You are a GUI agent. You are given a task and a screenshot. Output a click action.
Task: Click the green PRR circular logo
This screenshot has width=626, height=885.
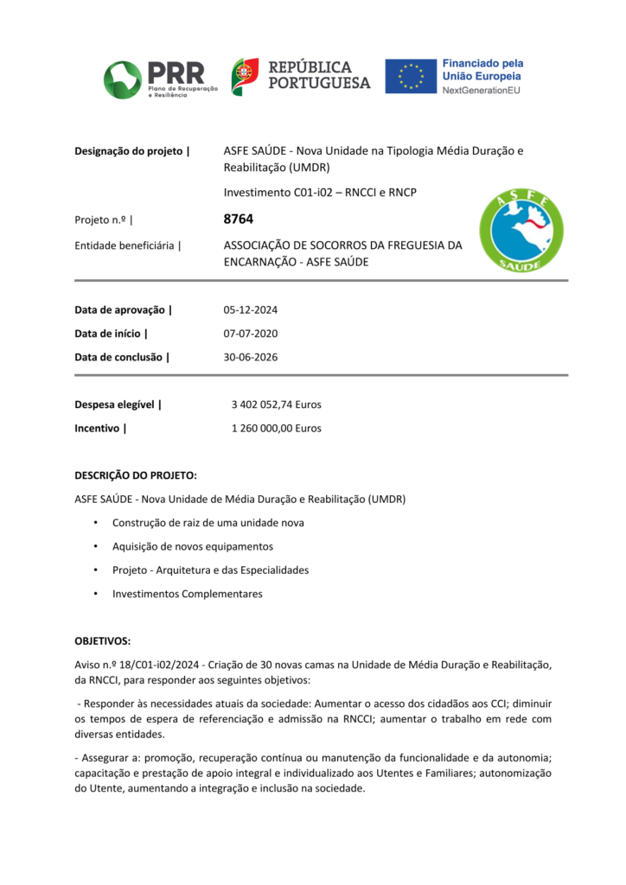click(x=122, y=80)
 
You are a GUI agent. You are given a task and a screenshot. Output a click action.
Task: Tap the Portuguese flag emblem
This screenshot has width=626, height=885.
click(x=245, y=77)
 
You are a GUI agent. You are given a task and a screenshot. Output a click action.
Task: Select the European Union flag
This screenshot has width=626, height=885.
click(x=410, y=76)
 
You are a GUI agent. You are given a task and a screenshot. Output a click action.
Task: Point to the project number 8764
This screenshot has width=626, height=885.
click(x=238, y=220)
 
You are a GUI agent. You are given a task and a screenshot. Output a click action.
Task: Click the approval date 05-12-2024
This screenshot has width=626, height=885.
click(x=250, y=310)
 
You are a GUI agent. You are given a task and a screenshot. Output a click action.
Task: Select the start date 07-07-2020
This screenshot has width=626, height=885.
click(x=250, y=334)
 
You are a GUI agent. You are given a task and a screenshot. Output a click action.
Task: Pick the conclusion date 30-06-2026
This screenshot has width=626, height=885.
click(x=250, y=357)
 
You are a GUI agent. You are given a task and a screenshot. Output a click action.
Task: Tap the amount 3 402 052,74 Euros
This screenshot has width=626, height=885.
click(x=276, y=404)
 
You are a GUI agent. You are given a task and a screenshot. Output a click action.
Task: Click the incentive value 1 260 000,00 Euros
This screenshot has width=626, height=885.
click(x=276, y=428)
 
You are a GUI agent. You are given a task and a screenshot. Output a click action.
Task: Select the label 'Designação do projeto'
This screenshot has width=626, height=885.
click(x=131, y=151)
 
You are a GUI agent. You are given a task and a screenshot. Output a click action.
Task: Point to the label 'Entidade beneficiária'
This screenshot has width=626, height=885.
click(x=127, y=245)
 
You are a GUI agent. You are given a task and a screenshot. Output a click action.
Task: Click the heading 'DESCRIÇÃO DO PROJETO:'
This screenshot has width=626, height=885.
click(x=136, y=475)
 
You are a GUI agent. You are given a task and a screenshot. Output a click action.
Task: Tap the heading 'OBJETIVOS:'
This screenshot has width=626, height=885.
click(x=103, y=640)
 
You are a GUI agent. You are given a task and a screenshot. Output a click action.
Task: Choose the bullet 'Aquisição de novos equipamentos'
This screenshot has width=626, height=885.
click(x=192, y=546)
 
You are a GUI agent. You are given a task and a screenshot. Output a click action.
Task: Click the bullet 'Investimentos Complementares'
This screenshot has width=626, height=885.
click(x=187, y=594)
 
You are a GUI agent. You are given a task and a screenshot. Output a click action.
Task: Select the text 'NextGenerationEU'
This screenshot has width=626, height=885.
click(x=482, y=90)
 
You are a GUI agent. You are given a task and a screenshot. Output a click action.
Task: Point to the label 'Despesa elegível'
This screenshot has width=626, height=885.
click(x=118, y=404)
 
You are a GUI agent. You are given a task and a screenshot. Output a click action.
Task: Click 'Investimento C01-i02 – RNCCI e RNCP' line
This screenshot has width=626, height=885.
click(x=320, y=192)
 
